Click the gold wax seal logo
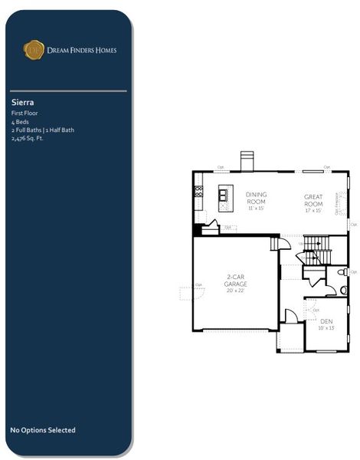pos(34,51)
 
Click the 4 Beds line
pos(19,122)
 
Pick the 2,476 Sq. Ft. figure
pos(28,139)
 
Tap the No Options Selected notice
pos(43,430)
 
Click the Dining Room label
pos(257,198)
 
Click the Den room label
pos(326,321)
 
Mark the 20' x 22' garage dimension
pos(236,291)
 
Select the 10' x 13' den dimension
pos(326,328)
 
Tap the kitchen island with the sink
pos(224,198)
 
